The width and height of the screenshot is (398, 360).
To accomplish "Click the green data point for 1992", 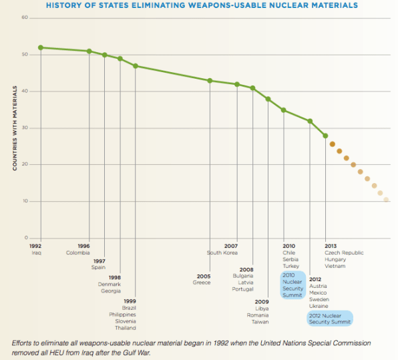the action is (x=41, y=47).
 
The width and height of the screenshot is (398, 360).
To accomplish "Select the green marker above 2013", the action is (x=325, y=136).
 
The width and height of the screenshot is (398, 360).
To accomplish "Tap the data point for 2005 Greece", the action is (x=210, y=81).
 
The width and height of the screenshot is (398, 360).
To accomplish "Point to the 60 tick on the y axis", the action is (x=25, y=17).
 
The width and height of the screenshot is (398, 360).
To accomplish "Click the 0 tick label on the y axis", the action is (x=26, y=238).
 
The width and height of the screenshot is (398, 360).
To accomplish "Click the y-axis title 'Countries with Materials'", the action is (x=15, y=128).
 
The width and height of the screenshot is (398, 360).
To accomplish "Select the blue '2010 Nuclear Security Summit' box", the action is (x=293, y=285).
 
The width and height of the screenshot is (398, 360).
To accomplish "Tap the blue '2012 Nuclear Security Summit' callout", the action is (x=330, y=319).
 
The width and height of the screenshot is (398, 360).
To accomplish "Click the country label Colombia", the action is (x=78, y=252).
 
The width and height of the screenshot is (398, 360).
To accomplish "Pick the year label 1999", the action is (x=130, y=301).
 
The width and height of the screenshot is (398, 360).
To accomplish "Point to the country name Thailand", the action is (x=126, y=328).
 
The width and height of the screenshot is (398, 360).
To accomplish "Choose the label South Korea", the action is (x=222, y=252).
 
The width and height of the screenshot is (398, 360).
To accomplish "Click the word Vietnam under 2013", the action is (x=335, y=266).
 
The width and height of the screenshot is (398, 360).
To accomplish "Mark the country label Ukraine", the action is (x=319, y=306).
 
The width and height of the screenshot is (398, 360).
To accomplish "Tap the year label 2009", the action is (x=262, y=302).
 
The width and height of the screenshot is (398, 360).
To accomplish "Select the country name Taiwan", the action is (x=260, y=322).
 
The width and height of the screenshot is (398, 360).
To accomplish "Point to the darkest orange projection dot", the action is (x=333, y=144).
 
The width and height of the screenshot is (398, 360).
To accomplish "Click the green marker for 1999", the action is (x=136, y=66).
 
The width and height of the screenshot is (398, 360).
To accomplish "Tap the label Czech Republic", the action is (x=344, y=252).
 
